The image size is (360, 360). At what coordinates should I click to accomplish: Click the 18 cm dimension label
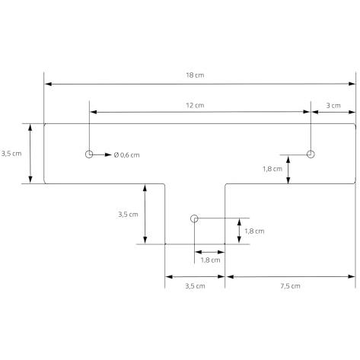195,75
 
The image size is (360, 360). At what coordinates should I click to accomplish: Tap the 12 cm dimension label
195,105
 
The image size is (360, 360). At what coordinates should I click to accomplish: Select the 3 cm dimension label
333,106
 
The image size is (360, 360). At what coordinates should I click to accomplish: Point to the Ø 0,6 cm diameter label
127,155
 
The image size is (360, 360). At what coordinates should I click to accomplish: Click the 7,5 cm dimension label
290,286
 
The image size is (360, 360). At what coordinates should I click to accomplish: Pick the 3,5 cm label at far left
11,154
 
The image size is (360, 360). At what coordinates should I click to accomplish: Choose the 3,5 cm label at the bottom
195,286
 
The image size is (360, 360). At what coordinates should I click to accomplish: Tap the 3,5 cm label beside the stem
128,215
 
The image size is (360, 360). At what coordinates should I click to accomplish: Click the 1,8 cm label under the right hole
272,169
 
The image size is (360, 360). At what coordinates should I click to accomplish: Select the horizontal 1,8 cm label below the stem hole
210,260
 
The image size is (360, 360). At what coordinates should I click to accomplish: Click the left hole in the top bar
89,154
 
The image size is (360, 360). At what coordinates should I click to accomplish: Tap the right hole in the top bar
311,154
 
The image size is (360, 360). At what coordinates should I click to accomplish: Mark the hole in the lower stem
194,218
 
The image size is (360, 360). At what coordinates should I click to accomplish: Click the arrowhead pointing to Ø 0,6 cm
108,155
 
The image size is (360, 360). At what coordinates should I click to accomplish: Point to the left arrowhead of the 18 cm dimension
48,84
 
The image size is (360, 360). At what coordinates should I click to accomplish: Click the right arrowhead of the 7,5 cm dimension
352,276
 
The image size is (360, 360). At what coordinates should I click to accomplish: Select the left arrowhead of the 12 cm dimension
94,112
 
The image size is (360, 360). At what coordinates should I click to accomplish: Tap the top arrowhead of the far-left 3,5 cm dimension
30,128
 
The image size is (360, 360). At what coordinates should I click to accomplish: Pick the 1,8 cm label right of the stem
254,231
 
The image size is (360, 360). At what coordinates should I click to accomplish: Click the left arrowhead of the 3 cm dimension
315,112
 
